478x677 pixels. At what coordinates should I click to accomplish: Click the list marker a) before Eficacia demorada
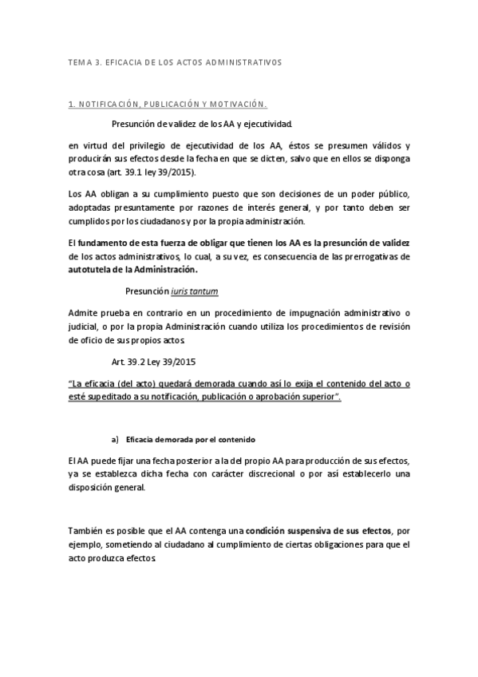[115, 440]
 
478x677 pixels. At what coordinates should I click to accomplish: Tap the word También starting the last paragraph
[88, 530]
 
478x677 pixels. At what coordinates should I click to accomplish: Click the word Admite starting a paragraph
[84, 311]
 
